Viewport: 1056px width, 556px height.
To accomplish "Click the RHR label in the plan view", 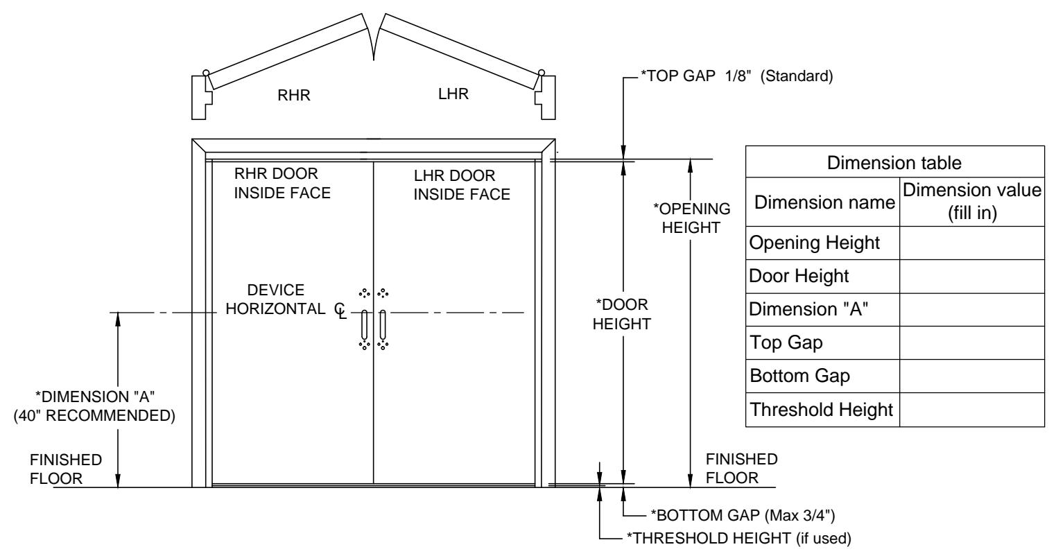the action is (x=294, y=95).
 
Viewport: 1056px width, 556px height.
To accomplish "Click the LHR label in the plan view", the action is (x=453, y=94).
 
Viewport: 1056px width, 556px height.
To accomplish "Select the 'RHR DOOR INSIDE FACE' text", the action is (x=282, y=183).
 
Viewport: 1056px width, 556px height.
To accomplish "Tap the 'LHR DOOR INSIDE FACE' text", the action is (x=462, y=185).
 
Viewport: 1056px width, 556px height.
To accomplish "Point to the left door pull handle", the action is (x=364, y=324).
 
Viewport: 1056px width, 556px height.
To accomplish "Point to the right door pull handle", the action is (x=383, y=324).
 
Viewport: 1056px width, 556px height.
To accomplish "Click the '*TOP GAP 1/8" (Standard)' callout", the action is (x=736, y=76).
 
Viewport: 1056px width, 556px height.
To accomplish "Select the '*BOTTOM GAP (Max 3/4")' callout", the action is (x=743, y=515).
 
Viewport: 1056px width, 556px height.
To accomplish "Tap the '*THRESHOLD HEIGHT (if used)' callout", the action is (x=738, y=537).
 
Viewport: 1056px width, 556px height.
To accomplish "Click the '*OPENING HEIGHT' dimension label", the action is (x=691, y=218).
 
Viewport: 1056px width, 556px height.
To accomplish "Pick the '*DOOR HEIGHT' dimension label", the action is (x=622, y=314).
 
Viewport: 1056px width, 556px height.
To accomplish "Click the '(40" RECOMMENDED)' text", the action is (x=94, y=415).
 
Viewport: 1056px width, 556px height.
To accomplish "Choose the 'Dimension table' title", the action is (x=894, y=163).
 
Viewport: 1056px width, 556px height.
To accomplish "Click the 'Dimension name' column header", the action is (x=824, y=202).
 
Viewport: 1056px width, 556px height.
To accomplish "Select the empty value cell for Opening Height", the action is (x=971, y=243).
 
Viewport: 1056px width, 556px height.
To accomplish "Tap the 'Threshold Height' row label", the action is (x=821, y=410).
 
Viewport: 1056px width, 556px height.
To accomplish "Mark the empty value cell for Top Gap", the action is (x=971, y=343).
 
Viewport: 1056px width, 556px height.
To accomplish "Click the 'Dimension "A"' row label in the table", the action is (x=808, y=309).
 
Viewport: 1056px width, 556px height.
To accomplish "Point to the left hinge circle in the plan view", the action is (x=206, y=73).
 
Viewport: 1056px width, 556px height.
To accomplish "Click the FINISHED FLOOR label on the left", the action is (x=66, y=469).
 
